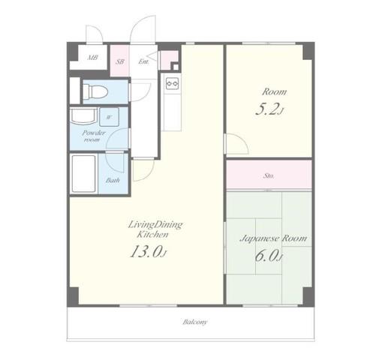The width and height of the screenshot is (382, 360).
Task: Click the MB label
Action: pos(92,58)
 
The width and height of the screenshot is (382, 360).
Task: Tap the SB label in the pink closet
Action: pos(120,61)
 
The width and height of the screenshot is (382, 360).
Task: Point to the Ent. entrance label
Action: pos(143,61)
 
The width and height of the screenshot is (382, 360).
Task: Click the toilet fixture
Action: pos(95,91)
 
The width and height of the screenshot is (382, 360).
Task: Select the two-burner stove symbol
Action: pos(173,83)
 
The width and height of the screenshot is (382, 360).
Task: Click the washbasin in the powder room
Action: pos(83,116)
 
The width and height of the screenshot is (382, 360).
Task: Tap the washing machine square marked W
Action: pos(109,117)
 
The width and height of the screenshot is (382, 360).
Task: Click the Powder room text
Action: pos(94,136)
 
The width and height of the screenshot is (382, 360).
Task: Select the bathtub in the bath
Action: pos(84,173)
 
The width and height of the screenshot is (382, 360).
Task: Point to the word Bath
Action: pos(113,180)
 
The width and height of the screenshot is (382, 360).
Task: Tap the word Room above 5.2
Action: pos(275,92)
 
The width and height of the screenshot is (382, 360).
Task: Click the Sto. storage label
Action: pos(269,175)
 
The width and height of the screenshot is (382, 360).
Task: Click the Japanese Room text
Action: pos(273,238)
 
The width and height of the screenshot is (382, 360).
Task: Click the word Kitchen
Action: pos(152,235)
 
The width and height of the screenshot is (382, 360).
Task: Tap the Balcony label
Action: pos(195,322)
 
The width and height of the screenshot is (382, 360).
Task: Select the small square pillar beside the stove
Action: pos(176,67)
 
